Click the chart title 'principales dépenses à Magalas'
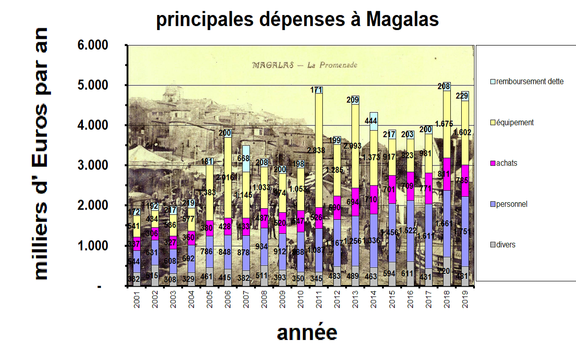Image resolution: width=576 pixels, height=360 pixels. tap(297, 20)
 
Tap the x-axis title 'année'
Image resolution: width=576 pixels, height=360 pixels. tap(307, 333)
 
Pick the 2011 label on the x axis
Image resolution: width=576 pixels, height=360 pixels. tap(318, 301)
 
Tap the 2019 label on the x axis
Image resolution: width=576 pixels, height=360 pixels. tap(464, 301)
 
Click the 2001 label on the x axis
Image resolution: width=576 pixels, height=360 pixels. tap(136, 301)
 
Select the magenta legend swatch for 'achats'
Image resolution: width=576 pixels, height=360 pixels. tap(494, 163)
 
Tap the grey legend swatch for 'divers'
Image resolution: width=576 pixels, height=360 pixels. tap(494, 245)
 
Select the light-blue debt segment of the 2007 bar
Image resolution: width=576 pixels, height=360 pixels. tap(246, 159)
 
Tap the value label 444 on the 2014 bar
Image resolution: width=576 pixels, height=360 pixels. tap(373, 121)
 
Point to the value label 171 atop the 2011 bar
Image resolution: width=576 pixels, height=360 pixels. tap(317, 90)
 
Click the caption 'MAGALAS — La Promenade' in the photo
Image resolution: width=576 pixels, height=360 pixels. tap(305, 65)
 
